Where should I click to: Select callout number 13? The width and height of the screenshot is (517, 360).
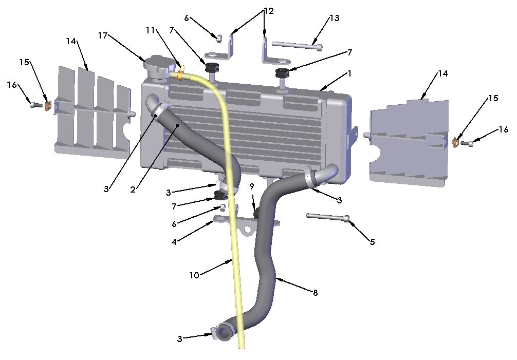[x=335, y=18]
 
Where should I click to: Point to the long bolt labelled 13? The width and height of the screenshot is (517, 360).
[x=298, y=46]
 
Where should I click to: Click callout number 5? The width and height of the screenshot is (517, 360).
[x=373, y=241]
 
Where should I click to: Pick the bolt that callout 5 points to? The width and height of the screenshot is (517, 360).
[x=328, y=217]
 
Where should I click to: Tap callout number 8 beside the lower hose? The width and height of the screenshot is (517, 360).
[x=315, y=293]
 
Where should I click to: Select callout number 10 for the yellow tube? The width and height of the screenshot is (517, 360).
[x=194, y=275]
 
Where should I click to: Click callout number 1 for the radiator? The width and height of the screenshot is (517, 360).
[x=349, y=74]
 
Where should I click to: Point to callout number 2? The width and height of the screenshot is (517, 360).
[x=133, y=190]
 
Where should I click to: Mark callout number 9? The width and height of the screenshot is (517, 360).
[x=252, y=185]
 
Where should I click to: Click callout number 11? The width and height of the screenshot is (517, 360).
[x=150, y=30]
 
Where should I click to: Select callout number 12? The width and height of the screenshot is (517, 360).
[x=268, y=10]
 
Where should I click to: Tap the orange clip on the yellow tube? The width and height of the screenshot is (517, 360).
[x=180, y=75]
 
